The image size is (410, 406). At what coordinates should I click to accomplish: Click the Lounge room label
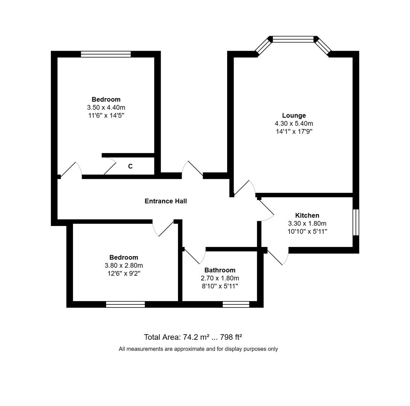coord(294,115)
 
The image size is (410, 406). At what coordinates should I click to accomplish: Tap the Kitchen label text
coord(307,215)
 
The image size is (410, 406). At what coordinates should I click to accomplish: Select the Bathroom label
coord(220,270)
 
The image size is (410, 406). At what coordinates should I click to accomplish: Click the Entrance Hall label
coord(166,201)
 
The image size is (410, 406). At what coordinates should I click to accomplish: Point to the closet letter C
coord(130,166)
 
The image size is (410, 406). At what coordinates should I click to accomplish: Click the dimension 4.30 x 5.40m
coord(294,123)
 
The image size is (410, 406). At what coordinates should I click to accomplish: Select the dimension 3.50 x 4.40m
coord(106,108)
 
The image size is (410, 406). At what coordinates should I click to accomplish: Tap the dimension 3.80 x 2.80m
coord(124,265)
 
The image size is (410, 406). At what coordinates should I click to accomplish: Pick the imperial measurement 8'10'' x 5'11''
coord(220,286)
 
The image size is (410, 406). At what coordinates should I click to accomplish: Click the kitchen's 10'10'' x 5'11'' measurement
coord(307,232)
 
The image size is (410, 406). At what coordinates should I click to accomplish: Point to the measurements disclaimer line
coord(198,349)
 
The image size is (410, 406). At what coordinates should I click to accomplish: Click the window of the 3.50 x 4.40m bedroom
coord(106,54)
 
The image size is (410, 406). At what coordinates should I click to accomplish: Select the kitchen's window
coord(355,222)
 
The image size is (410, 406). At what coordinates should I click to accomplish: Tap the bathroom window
coord(236,304)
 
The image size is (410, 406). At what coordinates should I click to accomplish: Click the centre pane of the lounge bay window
coord(293,39)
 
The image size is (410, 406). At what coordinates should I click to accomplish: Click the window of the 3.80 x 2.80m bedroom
coord(125,304)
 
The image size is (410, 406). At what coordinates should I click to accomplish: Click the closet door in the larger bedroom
coord(109,166)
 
